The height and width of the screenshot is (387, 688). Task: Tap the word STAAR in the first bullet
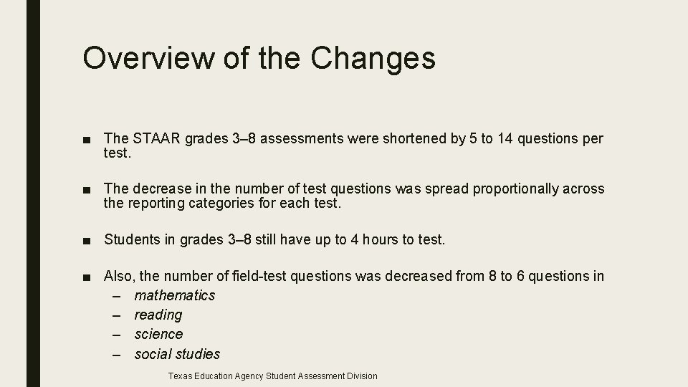click(156, 138)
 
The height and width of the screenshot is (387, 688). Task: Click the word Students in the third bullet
click(133, 239)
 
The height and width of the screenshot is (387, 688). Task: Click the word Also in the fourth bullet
click(118, 276)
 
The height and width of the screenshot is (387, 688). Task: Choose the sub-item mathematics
click(174, 295)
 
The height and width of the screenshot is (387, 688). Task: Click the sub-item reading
click(158, 315)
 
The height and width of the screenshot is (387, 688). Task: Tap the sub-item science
click(158, 334)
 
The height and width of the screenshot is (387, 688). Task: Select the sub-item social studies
click(177, 353)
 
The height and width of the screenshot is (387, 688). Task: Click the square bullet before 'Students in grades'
click(87, 240)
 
